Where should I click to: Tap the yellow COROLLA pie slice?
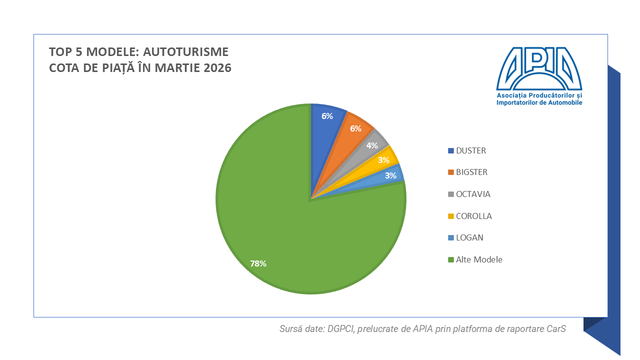coord(380,162)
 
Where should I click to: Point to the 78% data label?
coord(258,263)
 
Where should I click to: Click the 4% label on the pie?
coord(372,145)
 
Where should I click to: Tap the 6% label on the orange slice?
coord(355,128)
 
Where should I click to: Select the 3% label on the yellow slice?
coord(384,160)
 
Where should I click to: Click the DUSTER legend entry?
coord(470,150)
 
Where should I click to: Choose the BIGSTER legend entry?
coord(471,172)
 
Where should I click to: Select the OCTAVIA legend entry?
coord(473,194)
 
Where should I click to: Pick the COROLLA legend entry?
coord(473,216)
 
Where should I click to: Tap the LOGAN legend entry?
coord(469,237)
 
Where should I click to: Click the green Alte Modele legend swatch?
coord(451,260)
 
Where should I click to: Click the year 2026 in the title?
coord(217,68)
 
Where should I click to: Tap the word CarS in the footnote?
coord(557,329)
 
